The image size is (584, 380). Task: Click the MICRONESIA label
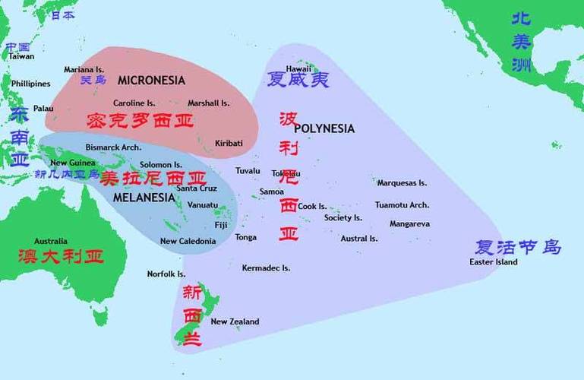click(151, 80)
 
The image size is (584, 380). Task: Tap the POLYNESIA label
click(324, 128)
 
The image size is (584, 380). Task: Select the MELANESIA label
click(144, 198)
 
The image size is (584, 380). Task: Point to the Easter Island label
click(493, 262)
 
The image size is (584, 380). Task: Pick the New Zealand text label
click(235, 321)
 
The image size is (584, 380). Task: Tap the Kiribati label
click(229, 143)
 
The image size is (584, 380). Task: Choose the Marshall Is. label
click(208, 103)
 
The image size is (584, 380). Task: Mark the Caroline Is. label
click(134, 103)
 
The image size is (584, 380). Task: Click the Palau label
click(43, 109)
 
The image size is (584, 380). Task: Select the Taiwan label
click(21, 56)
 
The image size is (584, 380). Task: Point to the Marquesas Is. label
click(402, 183)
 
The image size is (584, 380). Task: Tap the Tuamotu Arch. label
click(402, 205)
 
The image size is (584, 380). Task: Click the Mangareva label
click(409, 224)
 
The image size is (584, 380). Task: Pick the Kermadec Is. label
click(266, 268)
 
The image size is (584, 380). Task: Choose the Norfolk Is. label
click(166, 274)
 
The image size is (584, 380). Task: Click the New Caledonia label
click(188, 241)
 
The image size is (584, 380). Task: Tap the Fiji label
click(221, 226)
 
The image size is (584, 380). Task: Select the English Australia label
click(51, 241)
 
